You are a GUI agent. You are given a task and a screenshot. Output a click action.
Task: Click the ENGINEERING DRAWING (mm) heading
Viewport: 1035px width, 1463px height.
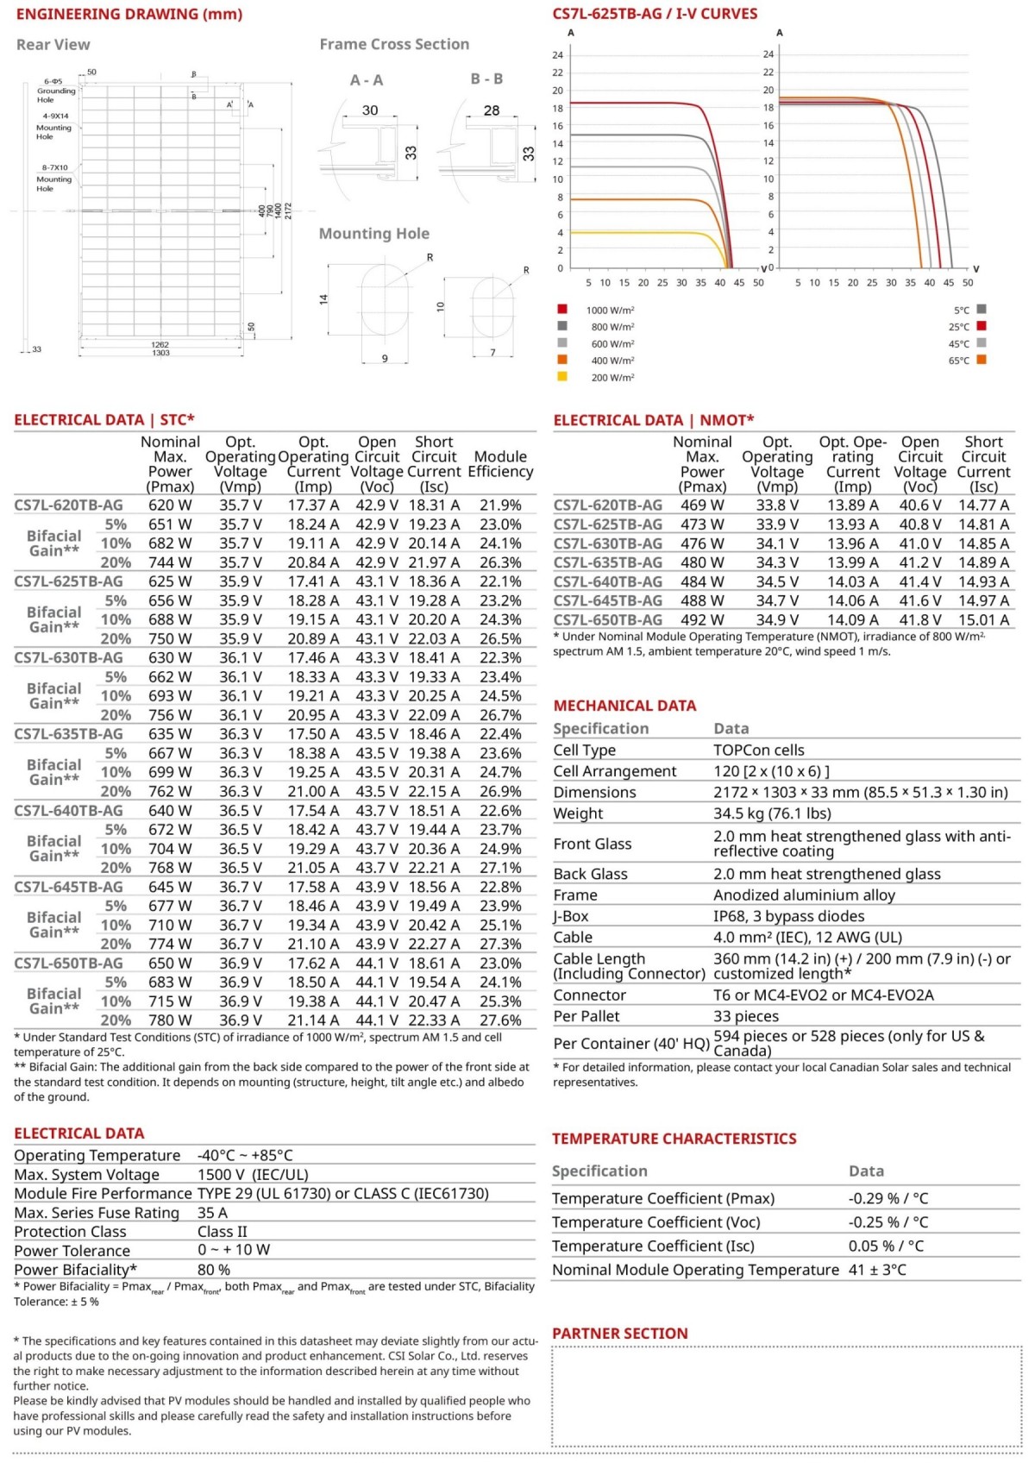click(129, 15)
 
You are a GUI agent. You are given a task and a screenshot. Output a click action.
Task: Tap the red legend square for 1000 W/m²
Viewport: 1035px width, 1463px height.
click(562, 309)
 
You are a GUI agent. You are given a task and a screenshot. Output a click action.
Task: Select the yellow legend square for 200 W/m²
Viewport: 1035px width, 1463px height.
click(562, 376)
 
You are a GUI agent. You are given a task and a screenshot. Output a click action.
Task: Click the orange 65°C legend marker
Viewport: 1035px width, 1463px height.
click(981, 359)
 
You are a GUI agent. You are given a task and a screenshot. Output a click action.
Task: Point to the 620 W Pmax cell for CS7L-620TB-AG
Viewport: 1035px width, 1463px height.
click(171, 505)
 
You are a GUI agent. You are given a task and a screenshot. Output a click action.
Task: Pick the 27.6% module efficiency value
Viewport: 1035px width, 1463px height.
click(500, 1020)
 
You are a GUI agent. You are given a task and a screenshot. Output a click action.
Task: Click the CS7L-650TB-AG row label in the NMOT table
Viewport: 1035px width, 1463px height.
click(608, 620)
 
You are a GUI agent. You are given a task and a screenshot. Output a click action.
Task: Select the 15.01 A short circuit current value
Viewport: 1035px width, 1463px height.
click(983, 620)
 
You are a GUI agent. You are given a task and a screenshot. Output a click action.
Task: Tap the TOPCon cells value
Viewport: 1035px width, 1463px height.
click(759, 750)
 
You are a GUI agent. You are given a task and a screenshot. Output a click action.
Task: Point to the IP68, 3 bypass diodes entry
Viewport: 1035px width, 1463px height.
click(788, 916)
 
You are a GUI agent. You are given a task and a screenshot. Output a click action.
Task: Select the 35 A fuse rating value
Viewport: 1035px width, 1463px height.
click(213, 1213)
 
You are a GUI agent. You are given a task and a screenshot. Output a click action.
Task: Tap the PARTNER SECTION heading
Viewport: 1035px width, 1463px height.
click(619, 1334)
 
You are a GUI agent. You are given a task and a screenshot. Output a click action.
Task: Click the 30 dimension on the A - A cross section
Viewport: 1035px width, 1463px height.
click(370, 110)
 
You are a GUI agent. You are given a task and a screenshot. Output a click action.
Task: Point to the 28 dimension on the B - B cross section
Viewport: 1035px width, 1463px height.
click(492, 110)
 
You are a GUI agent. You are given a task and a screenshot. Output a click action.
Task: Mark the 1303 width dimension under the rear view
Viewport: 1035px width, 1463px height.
click(160, 353)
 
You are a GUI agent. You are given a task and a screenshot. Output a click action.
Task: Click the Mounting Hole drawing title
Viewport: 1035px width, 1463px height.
click(373, 234)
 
